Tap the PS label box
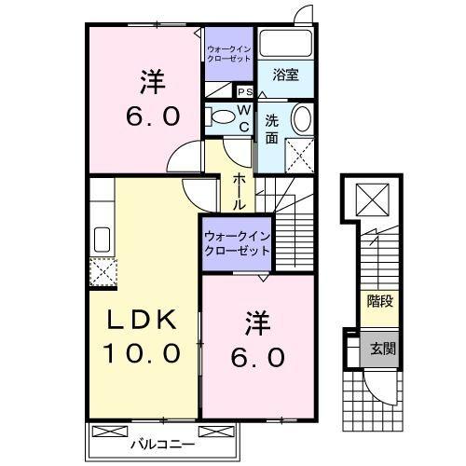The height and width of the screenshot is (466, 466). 245,91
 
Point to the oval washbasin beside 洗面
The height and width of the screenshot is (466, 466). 302,119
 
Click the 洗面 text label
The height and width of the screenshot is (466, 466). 271,128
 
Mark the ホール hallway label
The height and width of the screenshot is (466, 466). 240,190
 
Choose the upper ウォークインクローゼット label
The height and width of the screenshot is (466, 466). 229,53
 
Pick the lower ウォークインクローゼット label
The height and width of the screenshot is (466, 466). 236,244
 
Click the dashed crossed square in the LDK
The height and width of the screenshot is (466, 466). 101,271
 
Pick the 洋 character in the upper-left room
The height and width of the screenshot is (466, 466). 152,82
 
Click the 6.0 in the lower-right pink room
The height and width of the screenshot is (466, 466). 258,357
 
